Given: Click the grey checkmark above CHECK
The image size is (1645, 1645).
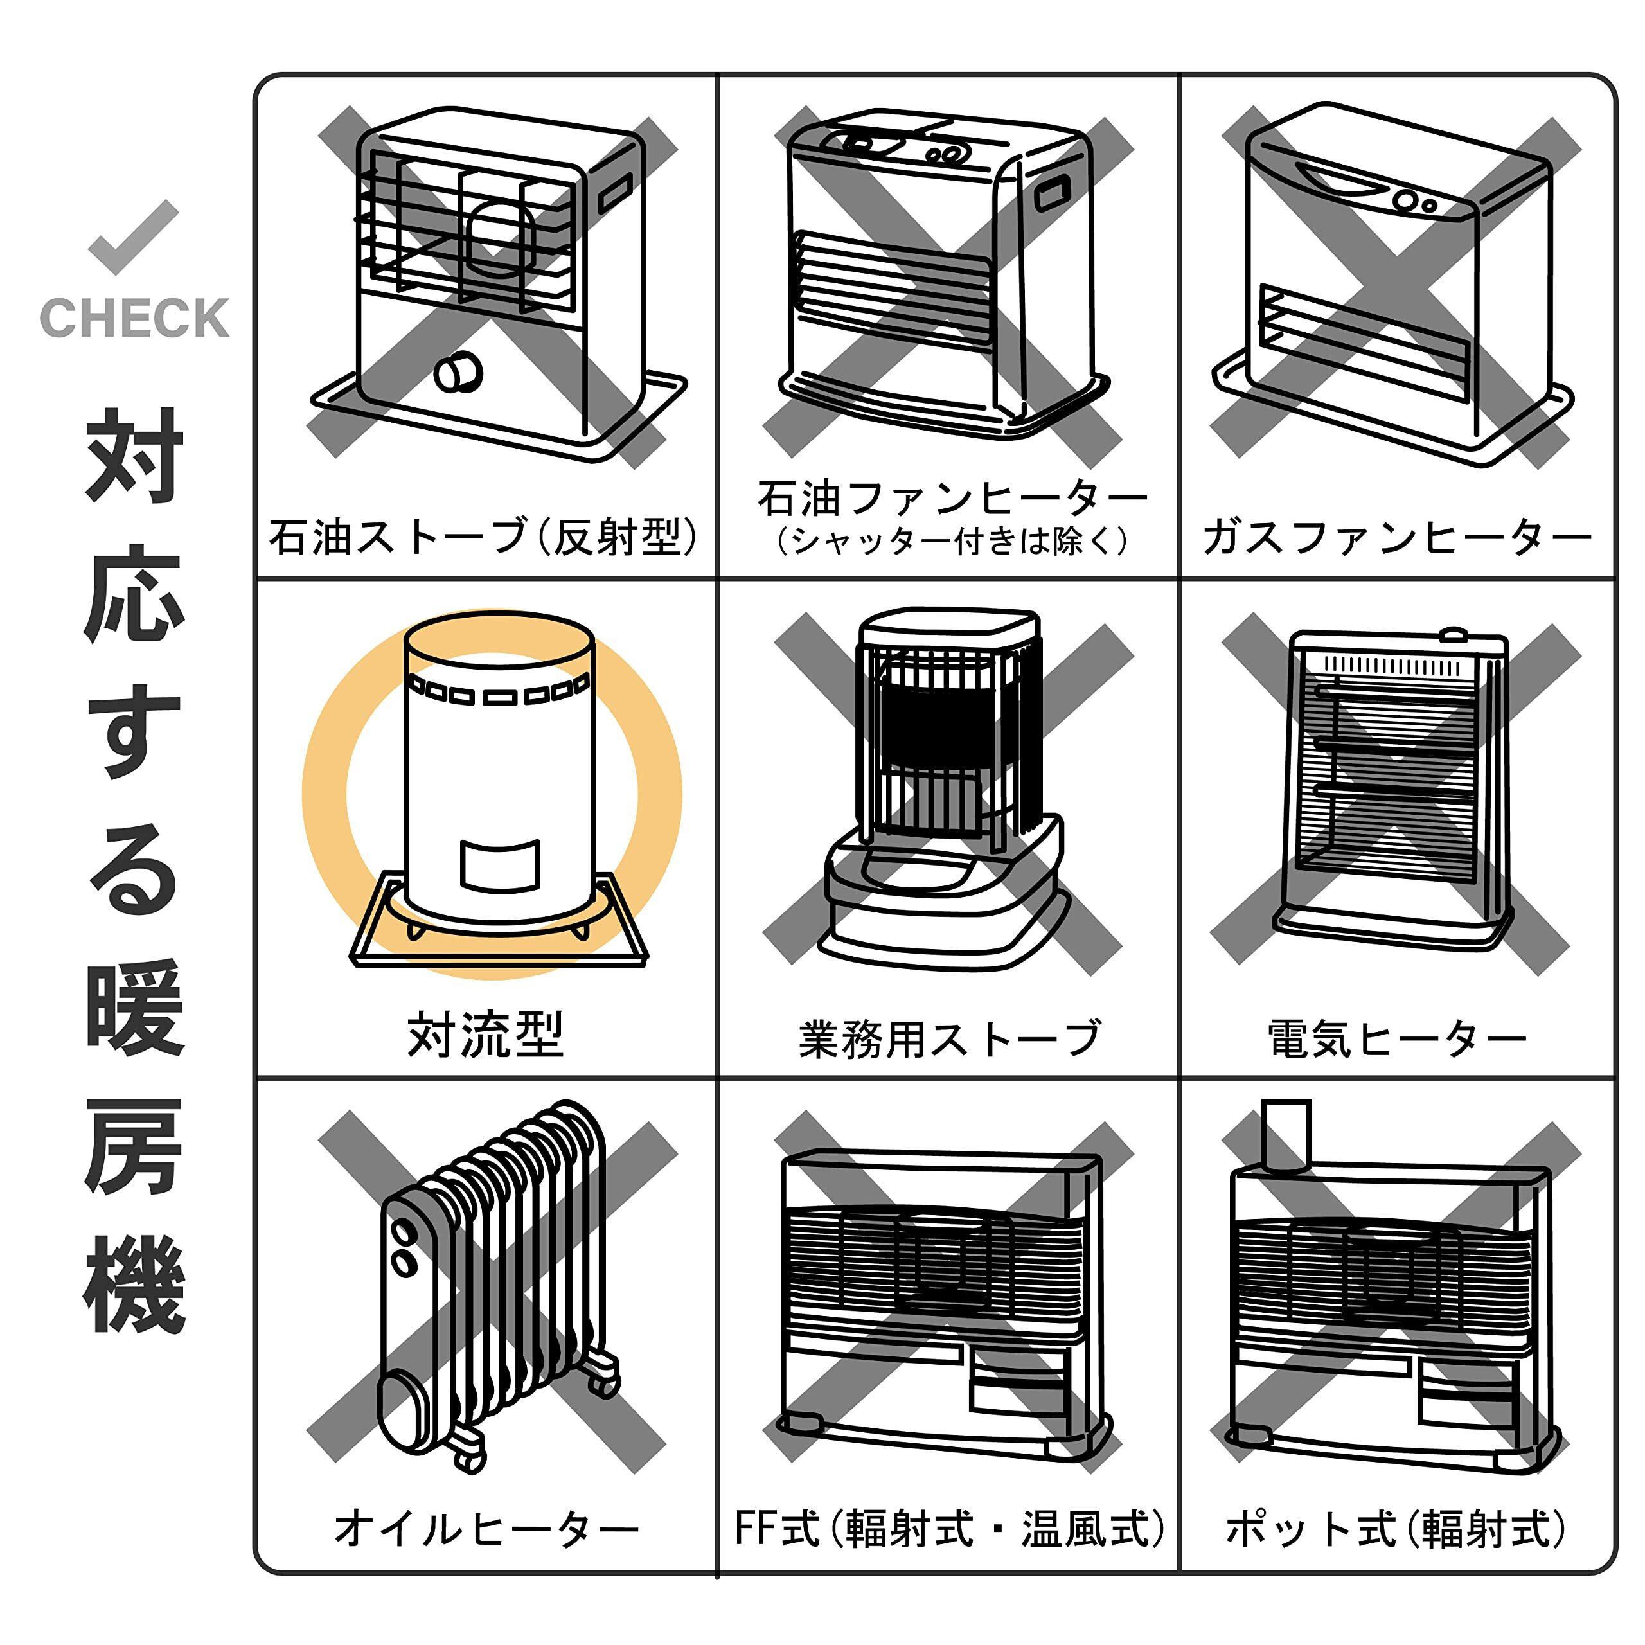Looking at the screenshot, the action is pyautogui.click(x=133, y=236).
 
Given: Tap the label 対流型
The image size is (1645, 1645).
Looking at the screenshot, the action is pyautogui.click(x=485, y=1035).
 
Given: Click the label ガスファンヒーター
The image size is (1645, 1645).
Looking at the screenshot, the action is pyautogui.click(x=1396, y=537).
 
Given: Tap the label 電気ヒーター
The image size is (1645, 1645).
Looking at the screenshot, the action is pyautogui.click(x=1396, y=1039).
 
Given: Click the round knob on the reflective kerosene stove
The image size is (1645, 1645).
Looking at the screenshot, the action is pyautogui.click(x=458, y=371).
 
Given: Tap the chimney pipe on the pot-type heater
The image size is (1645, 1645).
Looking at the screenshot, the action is pyautogui.click(x=1285, y=1135).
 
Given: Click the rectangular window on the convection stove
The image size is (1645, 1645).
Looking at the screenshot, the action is pyautogui.click(x=500, y=864).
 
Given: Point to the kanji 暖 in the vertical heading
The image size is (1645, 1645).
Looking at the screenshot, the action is pyautogui.click(x=134, y=1008).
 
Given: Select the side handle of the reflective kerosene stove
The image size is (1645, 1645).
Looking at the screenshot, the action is pyautogui.click(x=615, y=193).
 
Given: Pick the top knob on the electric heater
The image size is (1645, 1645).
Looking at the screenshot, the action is pyautogui.click(x=1453, y=634).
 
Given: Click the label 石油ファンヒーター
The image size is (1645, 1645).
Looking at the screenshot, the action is pyautogui.click(x=952, y=498).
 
